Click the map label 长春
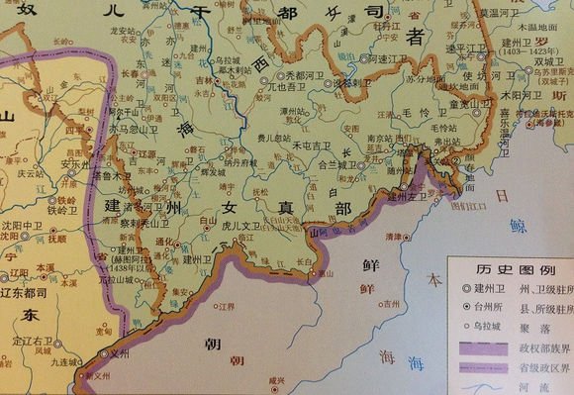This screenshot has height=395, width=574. pyautogui.click(x=131, y=74)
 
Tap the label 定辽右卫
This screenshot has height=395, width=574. pyautogui.click(x=36, y=341)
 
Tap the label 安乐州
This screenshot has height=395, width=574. pyautogui.click(x=76, y=164)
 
